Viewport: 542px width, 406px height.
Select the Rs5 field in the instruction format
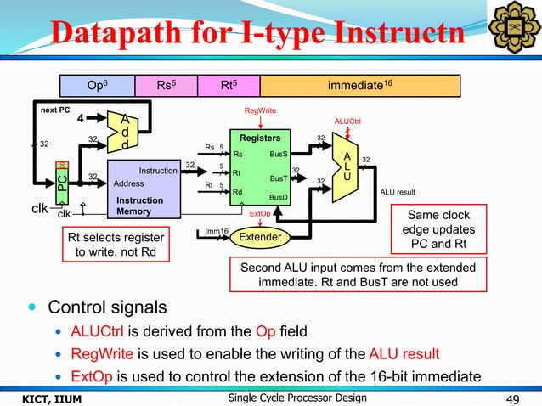167,86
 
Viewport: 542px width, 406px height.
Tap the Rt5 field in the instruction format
227,86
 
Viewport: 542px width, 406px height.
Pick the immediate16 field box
359,86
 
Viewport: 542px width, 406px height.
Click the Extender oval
260,237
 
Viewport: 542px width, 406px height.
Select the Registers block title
261,138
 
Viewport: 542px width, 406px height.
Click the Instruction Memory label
139,206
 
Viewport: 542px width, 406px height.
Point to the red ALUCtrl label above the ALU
347,121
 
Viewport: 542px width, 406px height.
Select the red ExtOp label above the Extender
260,215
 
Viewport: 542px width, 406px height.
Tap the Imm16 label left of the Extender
217,230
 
